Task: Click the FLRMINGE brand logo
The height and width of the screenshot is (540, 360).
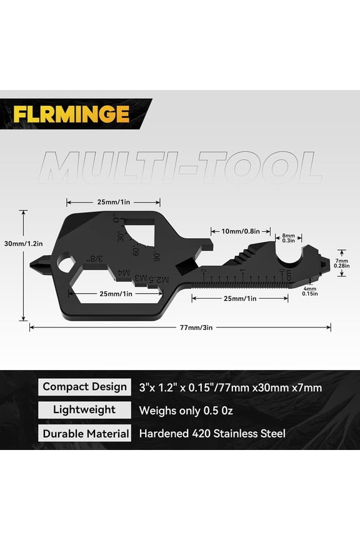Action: pos(71,114)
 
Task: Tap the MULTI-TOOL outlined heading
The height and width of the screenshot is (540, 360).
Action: pos(181,167)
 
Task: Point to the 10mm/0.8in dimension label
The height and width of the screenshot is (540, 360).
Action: pos(232,230)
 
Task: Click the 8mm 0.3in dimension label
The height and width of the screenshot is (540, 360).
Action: pos(289,237)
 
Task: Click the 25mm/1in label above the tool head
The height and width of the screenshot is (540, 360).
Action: pos(113,202)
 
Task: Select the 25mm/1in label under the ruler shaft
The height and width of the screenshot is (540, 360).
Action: pos(239,298)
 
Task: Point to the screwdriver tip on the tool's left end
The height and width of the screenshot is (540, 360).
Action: pos(36,264)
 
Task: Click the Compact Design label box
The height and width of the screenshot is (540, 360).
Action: pos(84,386)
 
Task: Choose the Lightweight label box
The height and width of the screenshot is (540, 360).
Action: pos(84,409)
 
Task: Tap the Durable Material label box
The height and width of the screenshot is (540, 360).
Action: pos(84,433)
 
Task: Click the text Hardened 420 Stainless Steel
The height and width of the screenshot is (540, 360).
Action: pos(212,433)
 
